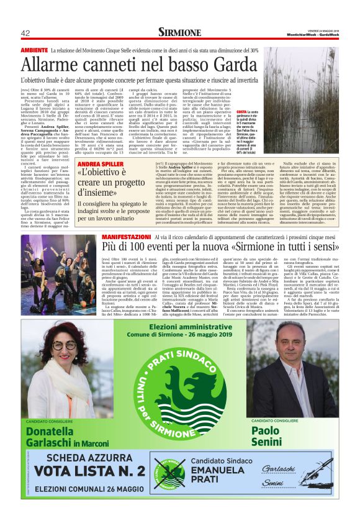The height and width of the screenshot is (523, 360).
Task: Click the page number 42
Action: click(x=25, y=33)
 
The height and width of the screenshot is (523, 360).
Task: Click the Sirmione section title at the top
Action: click(x=179, y=32)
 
